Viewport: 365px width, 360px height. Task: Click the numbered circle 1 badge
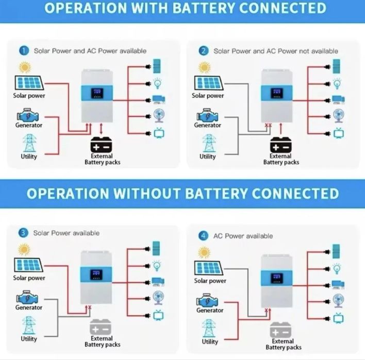24,50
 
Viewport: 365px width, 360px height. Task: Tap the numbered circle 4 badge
204,235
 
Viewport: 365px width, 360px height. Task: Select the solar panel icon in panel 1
29,83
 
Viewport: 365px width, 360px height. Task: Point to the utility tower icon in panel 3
29,325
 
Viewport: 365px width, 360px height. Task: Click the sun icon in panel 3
24,250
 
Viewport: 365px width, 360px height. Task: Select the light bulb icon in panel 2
338,82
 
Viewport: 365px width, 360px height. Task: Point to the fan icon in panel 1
158,116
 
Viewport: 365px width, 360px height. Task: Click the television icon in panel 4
338,319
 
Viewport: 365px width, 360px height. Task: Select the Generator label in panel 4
210,311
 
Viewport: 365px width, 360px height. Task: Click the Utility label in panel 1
29,157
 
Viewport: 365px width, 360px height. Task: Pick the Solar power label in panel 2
208,95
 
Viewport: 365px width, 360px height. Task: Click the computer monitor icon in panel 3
157,282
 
